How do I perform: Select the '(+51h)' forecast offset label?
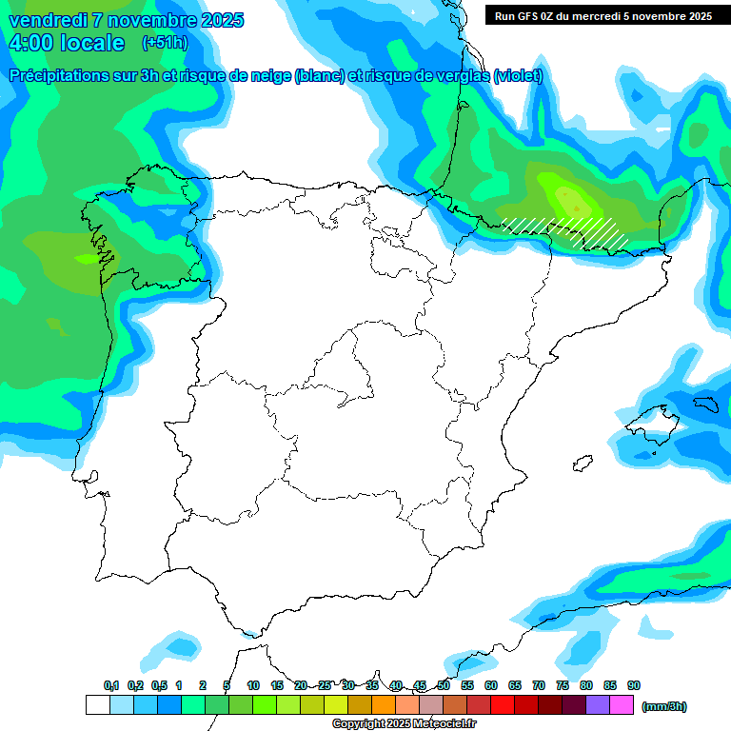[165, 43]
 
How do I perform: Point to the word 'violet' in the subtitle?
[518, 76]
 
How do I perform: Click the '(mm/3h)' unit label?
[664, 706]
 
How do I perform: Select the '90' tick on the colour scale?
[634, 685]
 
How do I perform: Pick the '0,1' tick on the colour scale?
[110, 685]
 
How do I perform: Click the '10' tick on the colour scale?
[253, 685]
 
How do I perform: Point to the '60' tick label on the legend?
[491, 685]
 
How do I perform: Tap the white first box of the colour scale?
[98, 705]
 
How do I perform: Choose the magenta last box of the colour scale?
[622, 705]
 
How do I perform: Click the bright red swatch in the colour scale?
[503, 705]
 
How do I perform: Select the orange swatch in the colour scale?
[384, 705]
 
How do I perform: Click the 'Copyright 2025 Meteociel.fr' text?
[404, 723]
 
